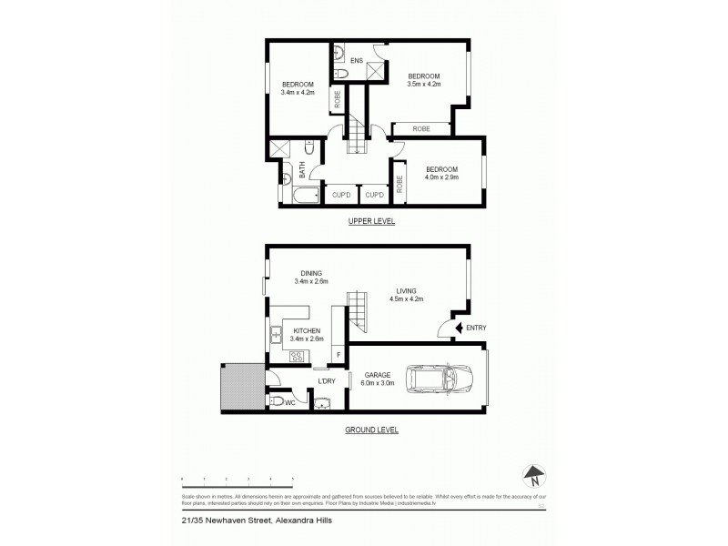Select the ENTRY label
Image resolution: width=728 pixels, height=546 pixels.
click(475, 328)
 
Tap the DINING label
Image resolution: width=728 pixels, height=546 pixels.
click(310, 272)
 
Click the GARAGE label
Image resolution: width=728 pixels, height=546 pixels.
click(377, 373)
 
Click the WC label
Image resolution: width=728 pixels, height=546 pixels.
click(291, 401)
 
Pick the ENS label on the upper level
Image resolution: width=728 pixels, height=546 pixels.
click(357, 60)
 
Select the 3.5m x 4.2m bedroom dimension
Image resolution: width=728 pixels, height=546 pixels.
click(423, 80)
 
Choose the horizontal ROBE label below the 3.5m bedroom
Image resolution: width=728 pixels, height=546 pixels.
click(421, 129)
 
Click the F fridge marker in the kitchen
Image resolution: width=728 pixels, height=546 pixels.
click(339, 354)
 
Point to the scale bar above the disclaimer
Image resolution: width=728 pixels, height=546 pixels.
click(237, 479)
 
